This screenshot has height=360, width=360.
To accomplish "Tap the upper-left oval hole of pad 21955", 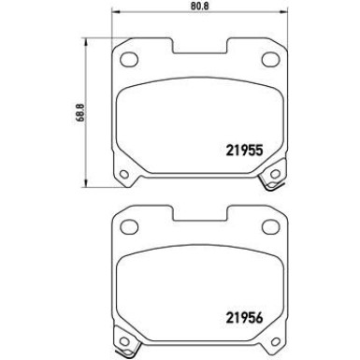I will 124,61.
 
